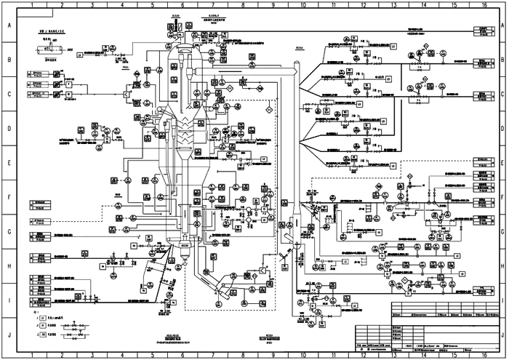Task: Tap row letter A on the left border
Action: [9, 25]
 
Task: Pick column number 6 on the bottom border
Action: [182, 356]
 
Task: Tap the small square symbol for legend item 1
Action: [43, 319]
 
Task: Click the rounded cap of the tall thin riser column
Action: [297, 67]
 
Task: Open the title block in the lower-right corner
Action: [444, 327]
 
